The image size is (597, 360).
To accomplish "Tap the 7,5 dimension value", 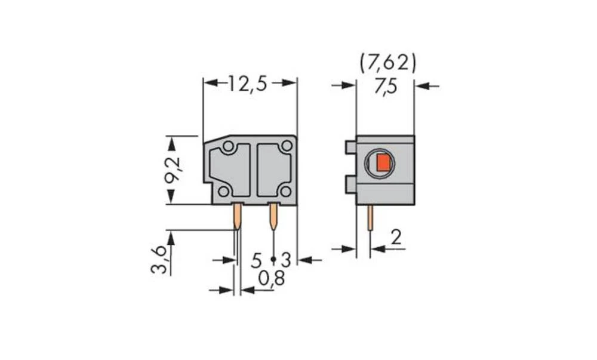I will point(385,87).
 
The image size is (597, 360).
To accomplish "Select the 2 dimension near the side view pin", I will point(394,239).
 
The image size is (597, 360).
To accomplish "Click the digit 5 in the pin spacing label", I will point(256,260).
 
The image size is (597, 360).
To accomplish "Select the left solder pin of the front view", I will point(238,217).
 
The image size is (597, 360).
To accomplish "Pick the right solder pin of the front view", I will point(273,217).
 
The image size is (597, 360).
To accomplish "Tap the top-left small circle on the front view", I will point(228,146).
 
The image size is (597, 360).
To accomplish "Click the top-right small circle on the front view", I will point(287,146).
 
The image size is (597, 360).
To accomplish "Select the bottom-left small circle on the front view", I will point(223,191).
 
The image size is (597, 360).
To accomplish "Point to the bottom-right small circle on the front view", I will point(285,191).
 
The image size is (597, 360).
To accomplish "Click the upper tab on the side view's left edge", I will point(350,146).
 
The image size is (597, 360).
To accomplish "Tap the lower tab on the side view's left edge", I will point(350,184).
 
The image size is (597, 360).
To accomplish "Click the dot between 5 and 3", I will point(273,260).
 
